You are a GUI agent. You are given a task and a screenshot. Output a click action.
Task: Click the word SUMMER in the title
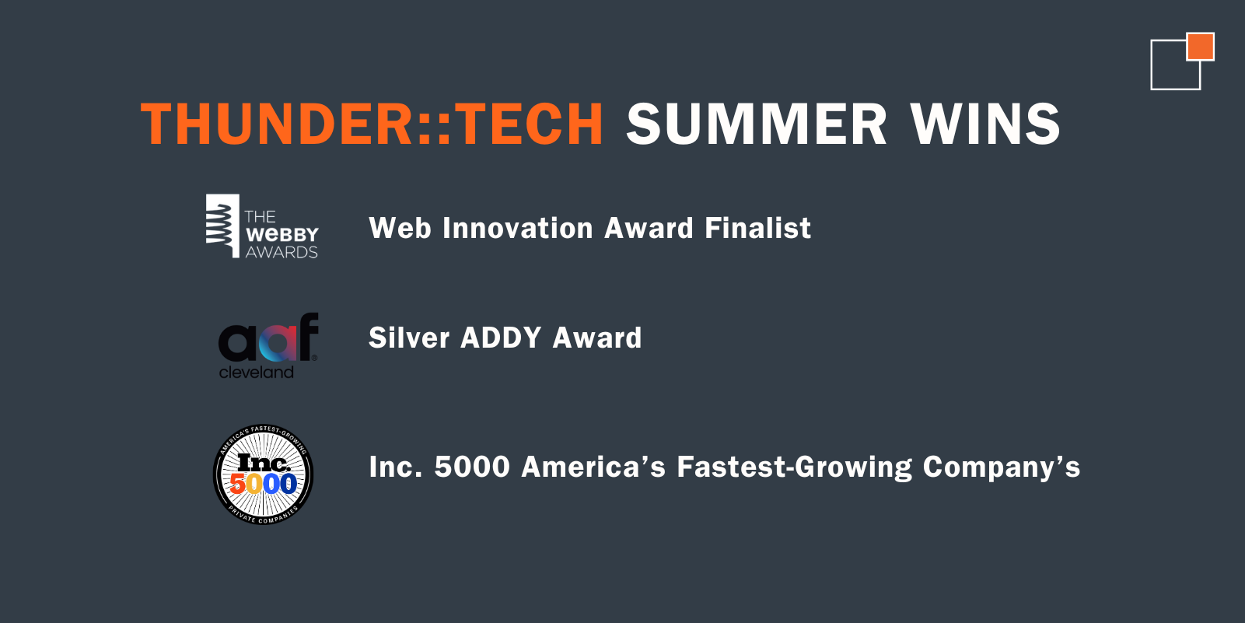(x=757, y=124)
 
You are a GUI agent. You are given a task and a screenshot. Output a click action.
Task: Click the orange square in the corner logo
(x=1200, y=47)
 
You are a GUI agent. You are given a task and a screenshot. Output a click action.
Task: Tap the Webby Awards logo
(x=262, y=226)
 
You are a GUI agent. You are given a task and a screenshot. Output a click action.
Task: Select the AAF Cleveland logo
(x=268, y=345)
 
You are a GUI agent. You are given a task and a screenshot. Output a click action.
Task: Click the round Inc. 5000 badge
(x=264, y=474)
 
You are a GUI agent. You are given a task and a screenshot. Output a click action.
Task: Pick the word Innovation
(x=517, y=228)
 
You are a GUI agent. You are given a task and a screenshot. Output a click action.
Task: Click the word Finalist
(x=757, y=228)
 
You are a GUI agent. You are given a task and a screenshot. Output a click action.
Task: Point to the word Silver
(x=409, y=338)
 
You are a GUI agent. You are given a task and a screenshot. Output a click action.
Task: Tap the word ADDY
(x=501, y=338)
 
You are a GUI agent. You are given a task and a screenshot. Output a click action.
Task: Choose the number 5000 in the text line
(x=472, y=466)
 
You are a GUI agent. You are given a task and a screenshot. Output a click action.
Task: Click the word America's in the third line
(x=593, y=466)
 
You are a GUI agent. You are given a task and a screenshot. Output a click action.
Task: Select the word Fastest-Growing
(x=794, y=467)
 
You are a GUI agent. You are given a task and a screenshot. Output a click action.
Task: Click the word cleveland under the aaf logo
(x=256, y=372)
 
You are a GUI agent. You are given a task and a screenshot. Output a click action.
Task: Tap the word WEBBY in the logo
(x=282, y=235)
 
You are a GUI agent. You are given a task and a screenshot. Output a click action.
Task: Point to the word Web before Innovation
(x=400, y=228)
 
